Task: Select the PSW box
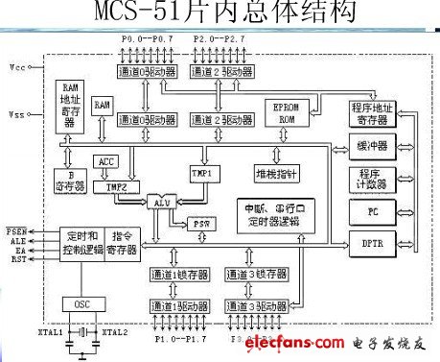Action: (x=200, y=222)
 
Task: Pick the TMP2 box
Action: (x=114, y=186)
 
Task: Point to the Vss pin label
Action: (x=16, y=114)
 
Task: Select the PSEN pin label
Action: (x=16, y=231)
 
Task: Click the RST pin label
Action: (x=16, y=259)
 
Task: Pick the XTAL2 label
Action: (x=114, y=331)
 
